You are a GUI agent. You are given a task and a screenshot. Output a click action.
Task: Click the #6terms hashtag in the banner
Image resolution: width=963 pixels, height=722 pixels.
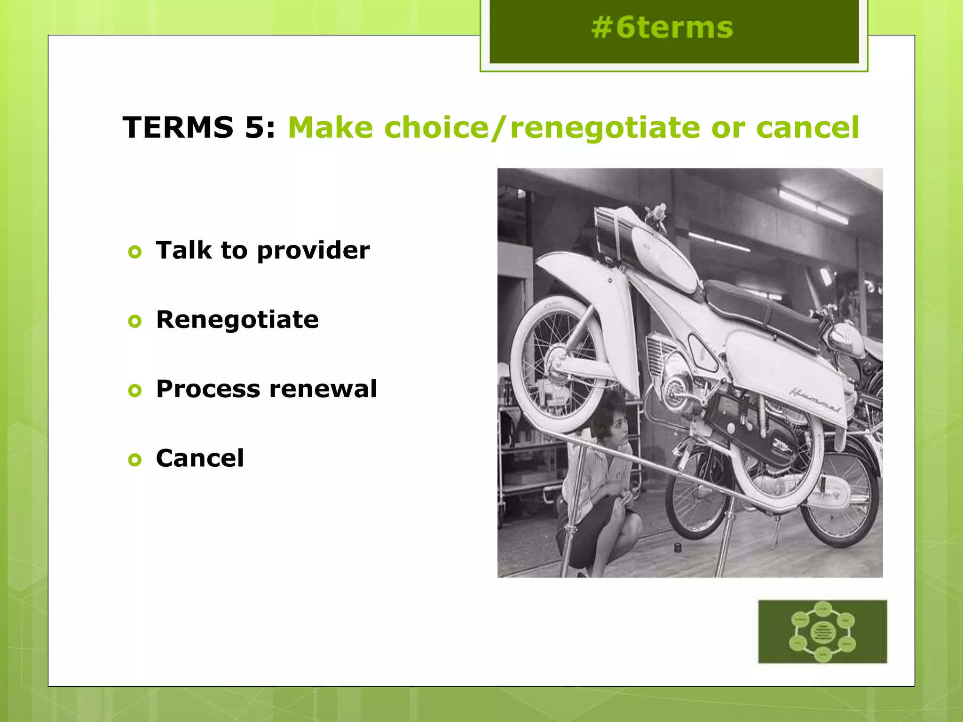(662, 28)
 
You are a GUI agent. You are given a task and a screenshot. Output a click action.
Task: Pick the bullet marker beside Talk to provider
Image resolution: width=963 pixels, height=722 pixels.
(135, 252)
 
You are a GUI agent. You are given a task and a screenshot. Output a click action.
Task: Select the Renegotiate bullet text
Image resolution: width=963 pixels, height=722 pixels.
(237, 320)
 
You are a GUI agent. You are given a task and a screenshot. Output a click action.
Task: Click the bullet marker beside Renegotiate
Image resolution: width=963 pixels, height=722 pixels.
(135, 322)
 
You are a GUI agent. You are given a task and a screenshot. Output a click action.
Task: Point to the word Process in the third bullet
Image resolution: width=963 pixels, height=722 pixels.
(208, 389)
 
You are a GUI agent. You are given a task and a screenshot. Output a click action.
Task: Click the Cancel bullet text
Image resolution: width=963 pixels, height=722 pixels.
(200, 458)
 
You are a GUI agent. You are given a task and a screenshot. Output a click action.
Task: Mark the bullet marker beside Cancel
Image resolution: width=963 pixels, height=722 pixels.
(135, 460)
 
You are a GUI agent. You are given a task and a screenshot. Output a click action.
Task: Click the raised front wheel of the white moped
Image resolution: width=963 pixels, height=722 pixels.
(557, 364)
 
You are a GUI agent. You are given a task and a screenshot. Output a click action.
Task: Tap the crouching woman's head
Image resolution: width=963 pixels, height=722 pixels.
(610, 418)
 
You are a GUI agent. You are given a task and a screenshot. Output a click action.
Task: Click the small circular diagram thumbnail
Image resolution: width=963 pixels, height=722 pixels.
(822, 631)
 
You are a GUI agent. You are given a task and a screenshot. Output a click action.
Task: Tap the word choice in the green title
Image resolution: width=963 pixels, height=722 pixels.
(436, 127)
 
